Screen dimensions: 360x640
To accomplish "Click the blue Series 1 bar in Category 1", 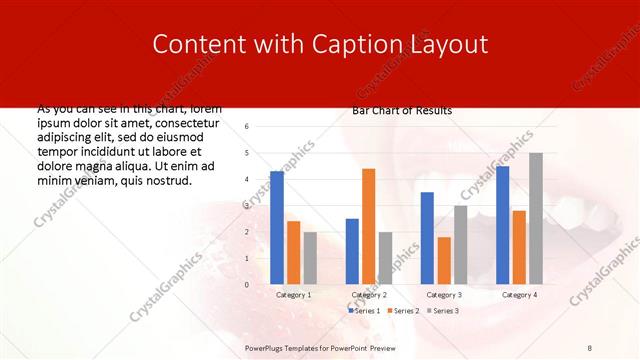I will pos(277,228).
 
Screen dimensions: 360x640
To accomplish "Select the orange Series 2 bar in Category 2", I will pos(369,226).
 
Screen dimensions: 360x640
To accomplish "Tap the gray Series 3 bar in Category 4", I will pos(536,218).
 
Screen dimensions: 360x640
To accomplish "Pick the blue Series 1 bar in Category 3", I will pos(428,238).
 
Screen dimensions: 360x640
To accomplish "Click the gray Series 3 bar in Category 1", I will pos(310,258).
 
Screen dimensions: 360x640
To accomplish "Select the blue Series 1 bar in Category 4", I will pos(503,225).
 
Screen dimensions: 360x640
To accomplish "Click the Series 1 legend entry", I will pos(364,311).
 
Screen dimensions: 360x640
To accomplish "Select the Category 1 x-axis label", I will pos(293,295).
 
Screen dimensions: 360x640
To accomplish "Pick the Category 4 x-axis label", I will pos(518,295).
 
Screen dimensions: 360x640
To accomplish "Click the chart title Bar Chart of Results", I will pos(402,110).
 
